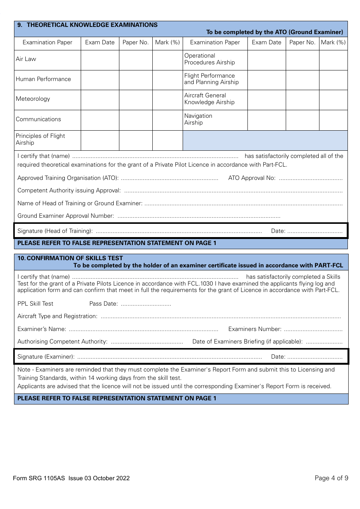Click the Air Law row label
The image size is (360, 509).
[26, 59]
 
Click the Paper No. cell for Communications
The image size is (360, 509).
[136, 120]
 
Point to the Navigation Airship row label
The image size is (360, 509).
[198, 119]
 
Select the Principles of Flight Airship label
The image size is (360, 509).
[40, 139]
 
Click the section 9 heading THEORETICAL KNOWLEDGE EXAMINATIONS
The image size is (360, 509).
[92, 25]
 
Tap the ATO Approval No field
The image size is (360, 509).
[311, 178]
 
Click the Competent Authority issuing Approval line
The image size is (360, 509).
[233, 191]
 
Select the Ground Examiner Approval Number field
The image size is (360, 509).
[199, 216]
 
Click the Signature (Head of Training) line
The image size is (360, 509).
[178, 231]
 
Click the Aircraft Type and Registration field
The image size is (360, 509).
[220, 317]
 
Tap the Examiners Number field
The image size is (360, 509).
[313, 329]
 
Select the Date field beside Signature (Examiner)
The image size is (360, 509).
[315, 357]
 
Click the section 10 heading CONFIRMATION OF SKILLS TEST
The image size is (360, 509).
[75, 258]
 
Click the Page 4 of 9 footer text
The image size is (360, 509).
[331, 478]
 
